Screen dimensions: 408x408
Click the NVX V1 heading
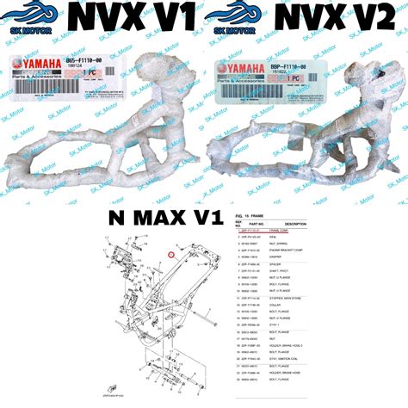click(x=138, y=17)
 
